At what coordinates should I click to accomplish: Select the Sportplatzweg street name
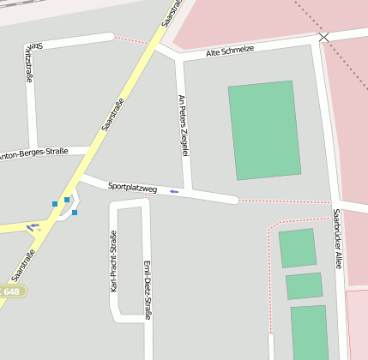click(x=132, y=187)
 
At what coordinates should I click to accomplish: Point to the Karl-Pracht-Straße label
click(x=113, y=261)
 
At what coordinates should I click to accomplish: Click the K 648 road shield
click(x=10, y=292)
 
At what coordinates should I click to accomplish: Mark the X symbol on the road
click(x=323, y=37)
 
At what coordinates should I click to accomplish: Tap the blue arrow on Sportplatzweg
click(x=174, y=191)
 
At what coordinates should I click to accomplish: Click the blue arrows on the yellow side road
click(x=33, y=227)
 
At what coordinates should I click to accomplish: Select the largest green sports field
click(x=264, y=129)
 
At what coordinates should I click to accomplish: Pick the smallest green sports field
click(x=304, y=285)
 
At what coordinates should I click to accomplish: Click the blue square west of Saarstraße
click(x=55, y=204)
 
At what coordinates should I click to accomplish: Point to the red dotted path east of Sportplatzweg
click(x=283, y=202)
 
